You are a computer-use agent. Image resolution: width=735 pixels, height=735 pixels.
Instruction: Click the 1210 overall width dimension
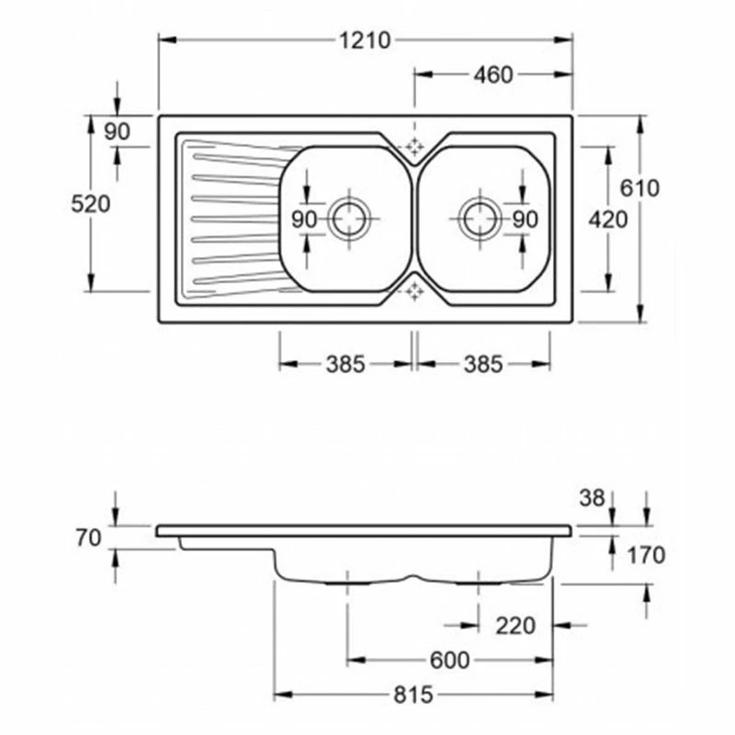point(366,40)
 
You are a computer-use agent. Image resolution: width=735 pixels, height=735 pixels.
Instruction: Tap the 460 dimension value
point(493,76)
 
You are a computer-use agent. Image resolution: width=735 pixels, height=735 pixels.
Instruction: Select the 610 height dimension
point(639,188)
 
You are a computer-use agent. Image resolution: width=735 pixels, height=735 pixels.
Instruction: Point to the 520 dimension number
point(91,204)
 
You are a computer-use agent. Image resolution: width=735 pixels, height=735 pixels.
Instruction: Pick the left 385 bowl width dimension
point(345,365)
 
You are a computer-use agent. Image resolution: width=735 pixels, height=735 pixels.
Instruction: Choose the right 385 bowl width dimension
point(483,365)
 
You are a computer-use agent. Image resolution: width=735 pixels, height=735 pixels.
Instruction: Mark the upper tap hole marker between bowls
point(414,146)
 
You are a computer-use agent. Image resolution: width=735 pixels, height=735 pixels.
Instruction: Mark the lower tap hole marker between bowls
point(414,291)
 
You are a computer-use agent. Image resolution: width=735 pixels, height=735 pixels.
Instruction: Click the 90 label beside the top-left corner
point(118,131)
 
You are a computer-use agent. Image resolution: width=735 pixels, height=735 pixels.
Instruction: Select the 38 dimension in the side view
point(594,498)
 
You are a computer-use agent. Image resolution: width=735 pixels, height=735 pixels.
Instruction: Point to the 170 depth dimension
point(647,555)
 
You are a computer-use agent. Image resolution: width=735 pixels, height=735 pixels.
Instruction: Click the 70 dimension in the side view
point(89,538)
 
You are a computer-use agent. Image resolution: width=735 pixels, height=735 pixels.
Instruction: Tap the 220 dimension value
point(515,627)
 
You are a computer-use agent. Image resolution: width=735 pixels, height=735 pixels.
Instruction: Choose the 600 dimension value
point(449,661)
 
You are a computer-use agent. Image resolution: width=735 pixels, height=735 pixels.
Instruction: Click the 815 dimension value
point(414,695)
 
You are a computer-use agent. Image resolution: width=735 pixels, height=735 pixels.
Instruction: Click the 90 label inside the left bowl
point(305,220)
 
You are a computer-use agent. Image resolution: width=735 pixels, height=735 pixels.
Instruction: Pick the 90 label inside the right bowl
point(525,220)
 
